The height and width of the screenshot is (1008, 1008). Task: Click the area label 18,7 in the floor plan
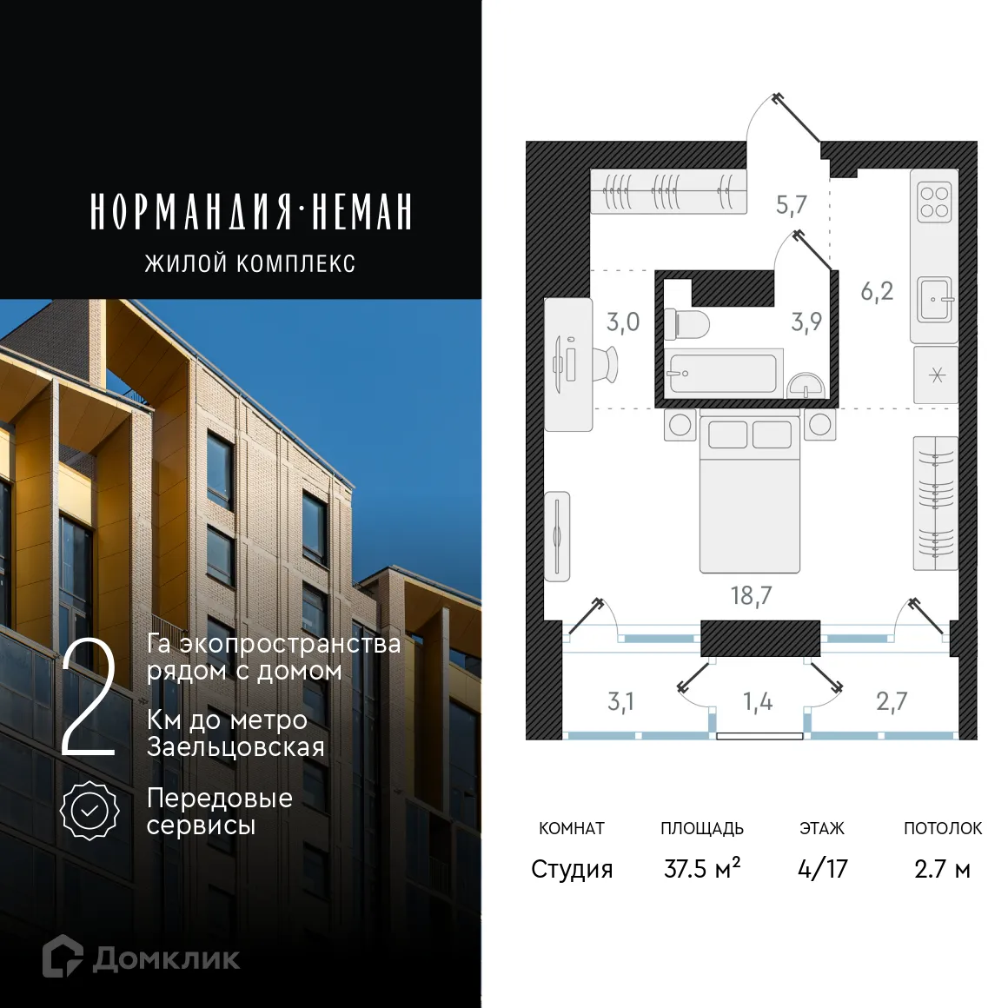(x=751, y=595)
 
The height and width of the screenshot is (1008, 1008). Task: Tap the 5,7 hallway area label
(x=791, y=205)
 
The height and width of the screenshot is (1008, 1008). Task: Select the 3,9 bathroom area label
(x=806, y=322)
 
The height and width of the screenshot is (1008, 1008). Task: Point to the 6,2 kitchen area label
(x=876, y=291)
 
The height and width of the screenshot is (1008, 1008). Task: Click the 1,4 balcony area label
(x=757, y=701)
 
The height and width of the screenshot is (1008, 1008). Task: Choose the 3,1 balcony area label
(x=620, y=701)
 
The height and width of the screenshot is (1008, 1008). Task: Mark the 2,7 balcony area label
(x=892, y=701)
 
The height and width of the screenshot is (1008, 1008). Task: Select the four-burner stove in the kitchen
(x=934, y=202)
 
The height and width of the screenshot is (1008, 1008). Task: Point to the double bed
(x=749, y=495)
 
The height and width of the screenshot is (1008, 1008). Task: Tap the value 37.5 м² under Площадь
(x=701, y=868)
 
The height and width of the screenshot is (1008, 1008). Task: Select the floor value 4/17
(x=822, y=868)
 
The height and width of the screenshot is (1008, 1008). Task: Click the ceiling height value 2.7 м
(x=942, y=868)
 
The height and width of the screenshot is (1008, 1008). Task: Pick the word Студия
(x=572, y=868)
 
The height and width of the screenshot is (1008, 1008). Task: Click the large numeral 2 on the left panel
(x=89, y=700)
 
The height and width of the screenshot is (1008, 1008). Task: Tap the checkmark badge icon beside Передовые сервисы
(x=90, y=810)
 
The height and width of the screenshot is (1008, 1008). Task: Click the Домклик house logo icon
(x=62, y=956)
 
